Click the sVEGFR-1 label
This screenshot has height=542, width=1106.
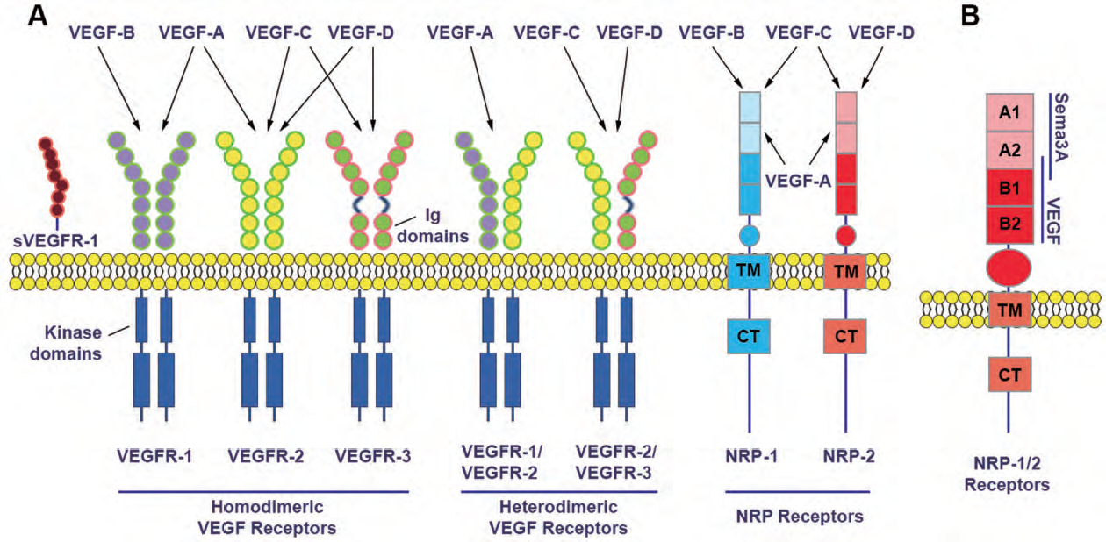click(x=55, y=242)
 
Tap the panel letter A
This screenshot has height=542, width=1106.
click(x=38, y=16)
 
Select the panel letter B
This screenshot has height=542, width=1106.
click(x=970, y=16)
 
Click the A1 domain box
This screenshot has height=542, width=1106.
click(x=1009, y=112)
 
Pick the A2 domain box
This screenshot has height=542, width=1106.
click(x=1009, y=150)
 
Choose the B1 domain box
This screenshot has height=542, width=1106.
click(x=1009, y=188)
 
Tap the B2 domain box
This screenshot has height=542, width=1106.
click(x=1009, y=225)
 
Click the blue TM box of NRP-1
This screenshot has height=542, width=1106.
click(x=749, y=271)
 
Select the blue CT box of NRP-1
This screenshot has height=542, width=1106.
click(x=749, y=337)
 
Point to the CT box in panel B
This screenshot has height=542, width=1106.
click(x=1009, y=374)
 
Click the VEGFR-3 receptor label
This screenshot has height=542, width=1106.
click(x=373, y=456)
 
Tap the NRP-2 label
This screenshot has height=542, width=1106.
click(x=849, y=456)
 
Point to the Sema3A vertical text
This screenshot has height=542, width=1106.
click(x=1060, y=127)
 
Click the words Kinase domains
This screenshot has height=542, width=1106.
click(x=66, y=343)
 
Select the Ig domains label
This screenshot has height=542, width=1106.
click(x=433, y=226)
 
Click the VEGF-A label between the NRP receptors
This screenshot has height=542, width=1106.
click(x=798, y=182)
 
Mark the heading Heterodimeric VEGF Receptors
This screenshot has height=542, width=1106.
click(x=558, y=517)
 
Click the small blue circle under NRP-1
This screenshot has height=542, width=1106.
click(x=750, y=236)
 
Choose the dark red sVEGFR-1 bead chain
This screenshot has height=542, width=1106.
click(x=54, y=177)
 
